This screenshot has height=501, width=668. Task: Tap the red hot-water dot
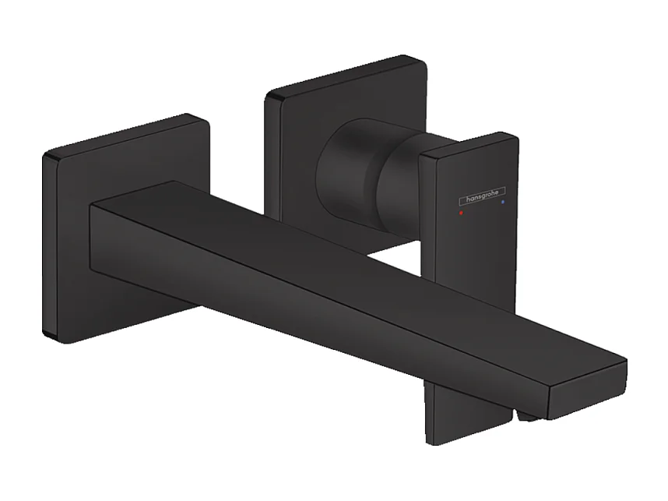coord(461,211)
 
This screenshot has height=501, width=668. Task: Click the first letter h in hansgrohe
coord(459,196)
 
